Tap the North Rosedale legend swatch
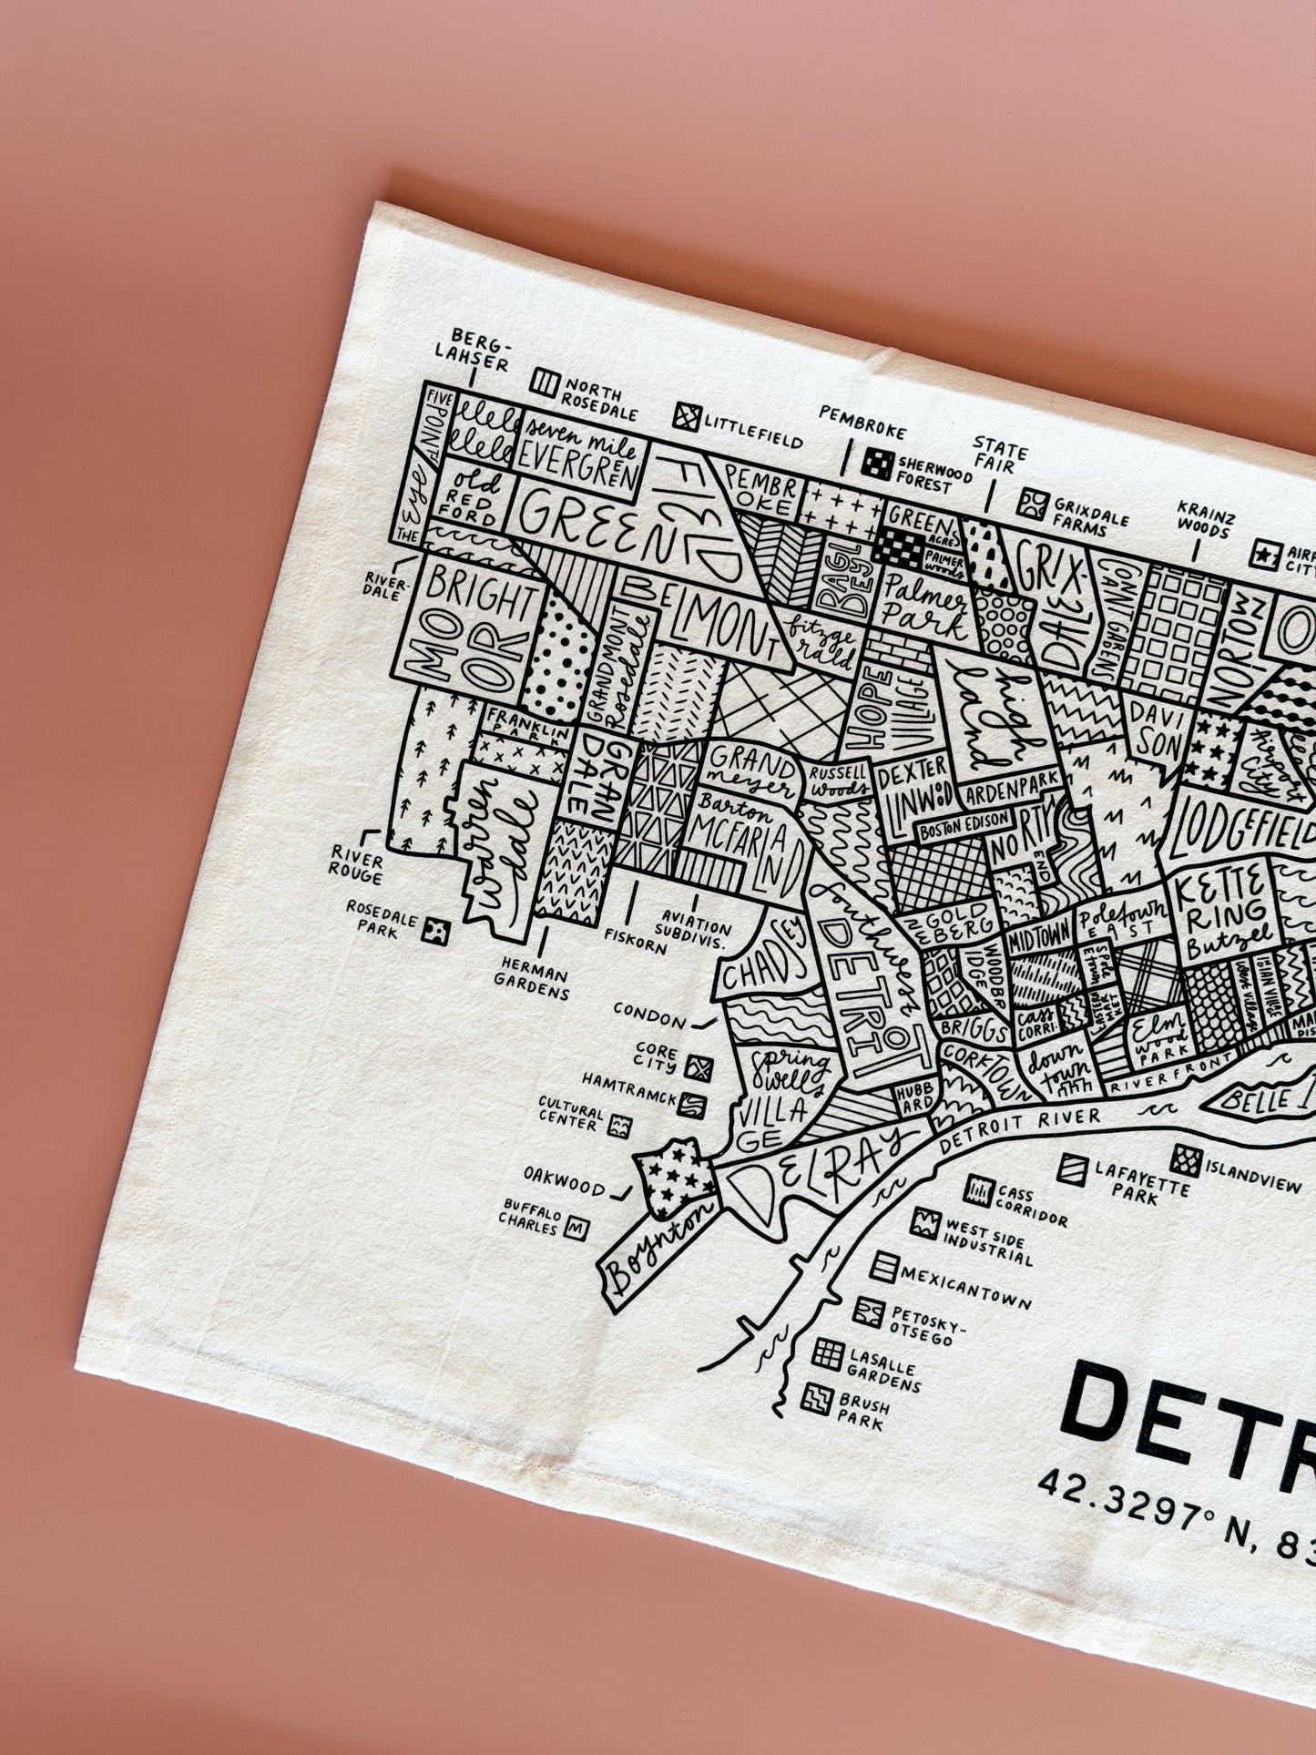pyautogui.click(x=546, y=383)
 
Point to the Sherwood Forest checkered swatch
pyautogui.click(x=877, y=464)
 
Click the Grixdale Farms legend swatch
pyautogui.click(x=1033, y=504)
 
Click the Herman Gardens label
pyautogui.click(x=531, y=979)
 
